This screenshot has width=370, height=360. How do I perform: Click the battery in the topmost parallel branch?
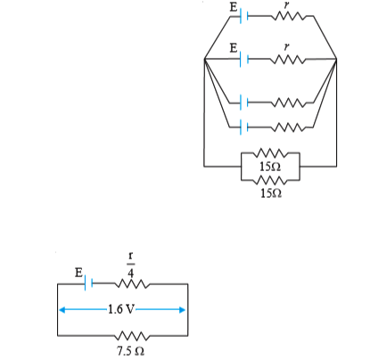243,16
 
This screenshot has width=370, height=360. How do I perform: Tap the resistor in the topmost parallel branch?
288,16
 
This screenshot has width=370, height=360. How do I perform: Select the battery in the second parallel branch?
243,59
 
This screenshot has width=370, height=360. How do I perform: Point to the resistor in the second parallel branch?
288,60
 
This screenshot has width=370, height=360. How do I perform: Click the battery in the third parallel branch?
243,102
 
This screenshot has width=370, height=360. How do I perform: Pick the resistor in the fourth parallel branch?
288,127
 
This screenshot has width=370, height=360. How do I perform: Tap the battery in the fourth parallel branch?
243,127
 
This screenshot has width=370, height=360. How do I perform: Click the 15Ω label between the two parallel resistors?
270,167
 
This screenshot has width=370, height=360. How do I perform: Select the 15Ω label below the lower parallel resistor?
271,193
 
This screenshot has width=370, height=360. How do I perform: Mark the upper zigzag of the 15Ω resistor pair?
270,153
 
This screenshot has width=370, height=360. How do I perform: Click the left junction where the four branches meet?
204,59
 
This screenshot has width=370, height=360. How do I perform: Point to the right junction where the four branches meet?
336,59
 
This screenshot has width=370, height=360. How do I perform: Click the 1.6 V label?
121,309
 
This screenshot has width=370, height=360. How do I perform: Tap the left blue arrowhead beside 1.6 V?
62,310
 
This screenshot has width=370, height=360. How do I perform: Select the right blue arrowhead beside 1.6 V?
183,310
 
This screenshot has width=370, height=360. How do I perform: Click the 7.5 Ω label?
130,351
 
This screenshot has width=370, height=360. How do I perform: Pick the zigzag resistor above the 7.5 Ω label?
132,336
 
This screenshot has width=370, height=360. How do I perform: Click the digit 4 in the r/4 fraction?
131,273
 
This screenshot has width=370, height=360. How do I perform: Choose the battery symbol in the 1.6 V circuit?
88,283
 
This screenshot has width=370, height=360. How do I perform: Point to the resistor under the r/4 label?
132,284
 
